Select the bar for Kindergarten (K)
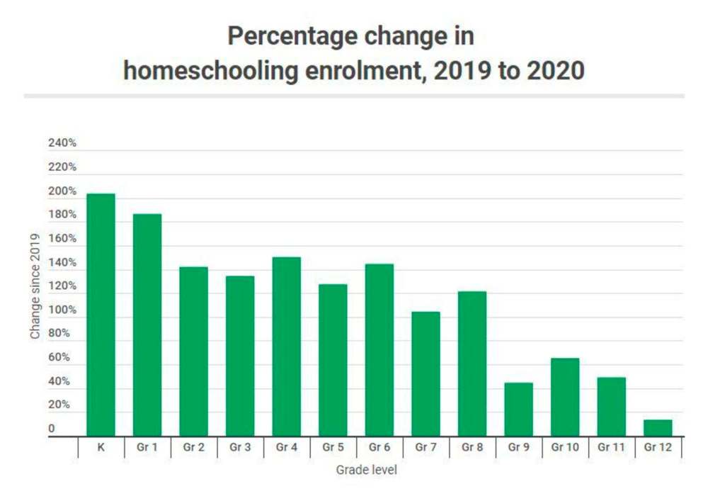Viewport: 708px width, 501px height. click(101, 315)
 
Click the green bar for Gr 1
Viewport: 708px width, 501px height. click(147, 326)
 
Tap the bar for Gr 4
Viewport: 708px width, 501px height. click(287, 347)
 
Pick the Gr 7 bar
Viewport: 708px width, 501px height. click(426, 374)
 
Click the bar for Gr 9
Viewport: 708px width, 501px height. click(519, 410)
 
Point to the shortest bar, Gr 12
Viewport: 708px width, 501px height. click(658, 428)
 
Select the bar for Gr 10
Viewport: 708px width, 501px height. click(565, 398)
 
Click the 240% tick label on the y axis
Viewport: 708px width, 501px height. click(62, 144)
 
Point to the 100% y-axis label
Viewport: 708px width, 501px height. click(62, 310)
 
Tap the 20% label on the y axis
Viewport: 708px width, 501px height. click(59, 405)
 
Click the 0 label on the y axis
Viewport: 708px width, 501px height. click(52, 429)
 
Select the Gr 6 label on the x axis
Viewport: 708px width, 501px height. click(379, 448)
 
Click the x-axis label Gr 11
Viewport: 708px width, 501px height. click(612, 448)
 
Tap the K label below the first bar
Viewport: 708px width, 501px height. click(101, 448)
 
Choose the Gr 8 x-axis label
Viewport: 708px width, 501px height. click(472, 448)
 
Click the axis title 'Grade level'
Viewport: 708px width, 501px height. click(366, 470)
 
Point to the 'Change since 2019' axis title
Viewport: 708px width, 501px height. click(35, 286)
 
